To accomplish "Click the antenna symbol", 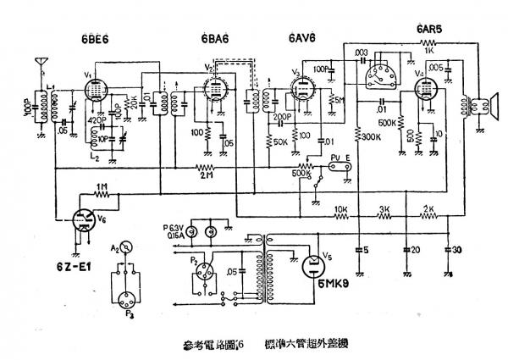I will pos(37,64).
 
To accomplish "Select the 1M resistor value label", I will pos(102,187).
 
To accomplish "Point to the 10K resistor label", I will pos(341,208).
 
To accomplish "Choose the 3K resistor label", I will pos(383,208).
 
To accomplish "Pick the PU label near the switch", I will pos(335,156).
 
